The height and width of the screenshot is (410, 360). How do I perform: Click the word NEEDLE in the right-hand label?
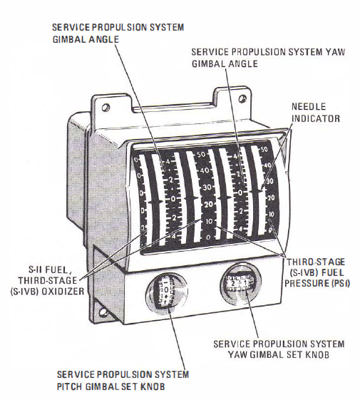tap(309, 107)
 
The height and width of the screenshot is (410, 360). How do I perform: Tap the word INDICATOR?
tap(316, 118)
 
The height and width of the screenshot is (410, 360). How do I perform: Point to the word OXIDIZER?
tap(63, 292)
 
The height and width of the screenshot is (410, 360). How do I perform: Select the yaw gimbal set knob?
tap(240, 283)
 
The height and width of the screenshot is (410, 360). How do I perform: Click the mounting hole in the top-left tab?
tap(106, 107)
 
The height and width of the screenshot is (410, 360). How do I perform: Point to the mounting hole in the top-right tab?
tap(242, 99)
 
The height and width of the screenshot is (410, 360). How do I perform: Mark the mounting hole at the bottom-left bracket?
tap(102, 312)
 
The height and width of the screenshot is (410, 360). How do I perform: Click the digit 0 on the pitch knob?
tap(167, 289)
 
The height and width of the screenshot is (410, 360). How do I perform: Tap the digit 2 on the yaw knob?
tap(232, 282)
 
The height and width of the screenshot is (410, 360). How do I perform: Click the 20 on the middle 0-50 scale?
tap(208, 204)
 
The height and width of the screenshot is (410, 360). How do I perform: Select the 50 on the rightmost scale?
tap(264, 150)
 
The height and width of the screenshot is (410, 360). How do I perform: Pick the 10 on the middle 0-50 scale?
tap(210, 222)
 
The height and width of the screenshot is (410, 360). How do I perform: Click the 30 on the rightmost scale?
tap(269, 181)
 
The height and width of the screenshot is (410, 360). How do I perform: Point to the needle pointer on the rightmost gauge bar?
tap(257, 192)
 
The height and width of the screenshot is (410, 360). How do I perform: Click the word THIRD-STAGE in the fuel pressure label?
tap(316, 262)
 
